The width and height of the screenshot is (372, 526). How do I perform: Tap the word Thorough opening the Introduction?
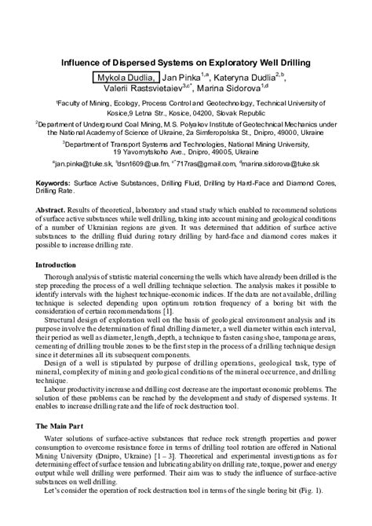(x=61, y=278)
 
